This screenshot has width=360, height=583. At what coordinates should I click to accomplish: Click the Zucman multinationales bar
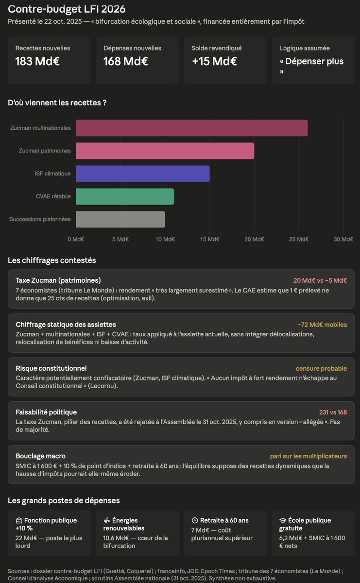(192, 128)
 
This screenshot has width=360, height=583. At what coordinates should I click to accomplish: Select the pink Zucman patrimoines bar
(165, 151)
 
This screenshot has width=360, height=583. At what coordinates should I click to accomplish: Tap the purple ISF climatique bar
(143, 173)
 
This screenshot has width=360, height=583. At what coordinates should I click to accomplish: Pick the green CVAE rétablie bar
(125, 196)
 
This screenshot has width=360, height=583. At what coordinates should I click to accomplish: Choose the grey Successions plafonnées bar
(120, 220)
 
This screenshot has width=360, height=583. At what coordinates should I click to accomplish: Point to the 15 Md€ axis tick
(209, 239)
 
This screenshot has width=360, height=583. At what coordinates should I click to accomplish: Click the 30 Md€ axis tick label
(343, 239)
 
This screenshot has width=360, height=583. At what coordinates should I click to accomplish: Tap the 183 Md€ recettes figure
(37, 61)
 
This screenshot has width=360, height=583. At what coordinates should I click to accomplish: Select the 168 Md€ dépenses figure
(126, 61)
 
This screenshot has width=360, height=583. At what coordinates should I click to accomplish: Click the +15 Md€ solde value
(214, 61)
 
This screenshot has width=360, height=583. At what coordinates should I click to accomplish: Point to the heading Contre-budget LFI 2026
(67, 9)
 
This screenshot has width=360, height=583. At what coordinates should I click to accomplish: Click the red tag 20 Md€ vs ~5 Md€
(320, 280)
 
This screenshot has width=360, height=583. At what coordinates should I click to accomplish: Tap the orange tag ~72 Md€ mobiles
(322, 325)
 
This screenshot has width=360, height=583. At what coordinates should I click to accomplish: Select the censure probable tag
(322, 369)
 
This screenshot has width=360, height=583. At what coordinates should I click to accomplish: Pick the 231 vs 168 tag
(333, 412)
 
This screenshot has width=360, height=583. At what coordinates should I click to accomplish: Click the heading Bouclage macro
(41, 456)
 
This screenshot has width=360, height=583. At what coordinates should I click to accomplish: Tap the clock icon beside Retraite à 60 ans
(195, 520)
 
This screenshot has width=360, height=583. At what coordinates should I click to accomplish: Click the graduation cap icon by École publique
(283, 520)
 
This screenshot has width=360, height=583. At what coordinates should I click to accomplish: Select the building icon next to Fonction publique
(19, 520)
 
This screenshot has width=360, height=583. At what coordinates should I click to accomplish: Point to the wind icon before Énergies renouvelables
(107, 520)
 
